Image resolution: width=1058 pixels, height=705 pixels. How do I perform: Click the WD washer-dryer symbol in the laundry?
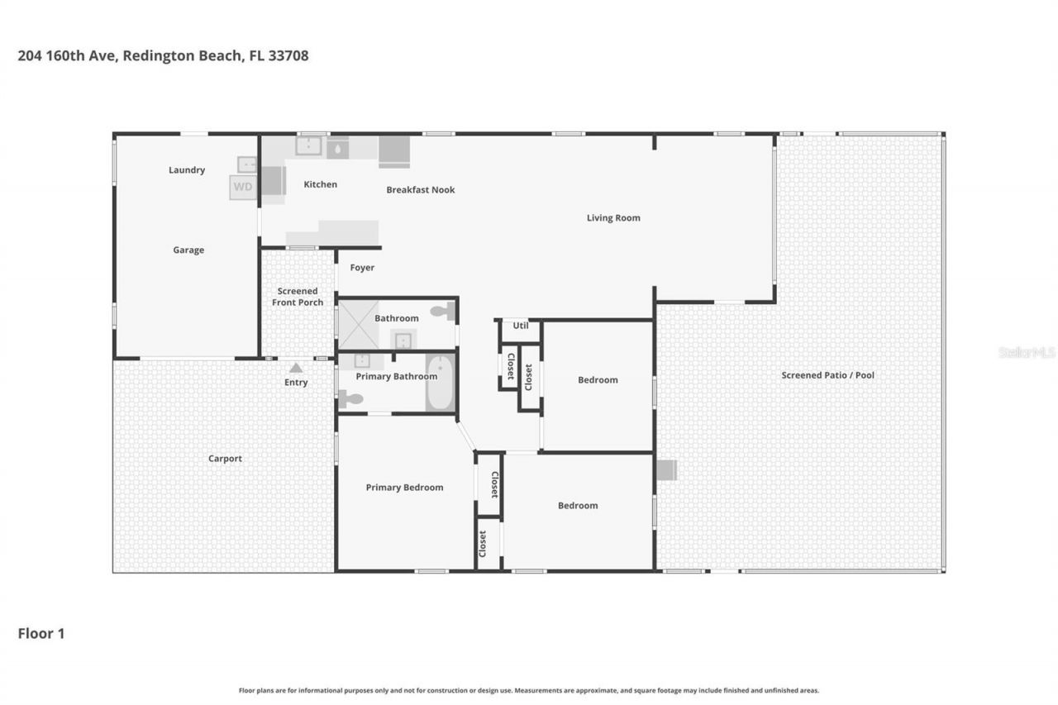point(243,187)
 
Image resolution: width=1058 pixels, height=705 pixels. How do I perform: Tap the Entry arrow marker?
point(296,368)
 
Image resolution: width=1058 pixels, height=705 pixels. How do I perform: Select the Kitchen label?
point(320,184)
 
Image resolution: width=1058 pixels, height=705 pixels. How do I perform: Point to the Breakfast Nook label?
point(421,189)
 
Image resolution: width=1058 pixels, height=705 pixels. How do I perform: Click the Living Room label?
point(613,218)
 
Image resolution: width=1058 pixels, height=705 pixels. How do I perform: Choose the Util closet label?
point(521,326)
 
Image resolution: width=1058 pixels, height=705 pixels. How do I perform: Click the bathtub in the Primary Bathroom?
point(441,382)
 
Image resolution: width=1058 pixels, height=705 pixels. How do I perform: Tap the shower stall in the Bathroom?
point(359,324)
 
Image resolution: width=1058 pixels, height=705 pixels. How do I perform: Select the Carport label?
point(225,459)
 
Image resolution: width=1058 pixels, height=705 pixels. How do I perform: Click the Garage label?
point(188,250)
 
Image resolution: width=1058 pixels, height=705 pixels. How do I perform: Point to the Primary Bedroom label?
point(404,488)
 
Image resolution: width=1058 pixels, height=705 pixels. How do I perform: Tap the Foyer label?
point(362,268)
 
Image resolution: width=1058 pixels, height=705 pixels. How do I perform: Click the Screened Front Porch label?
point(298,297)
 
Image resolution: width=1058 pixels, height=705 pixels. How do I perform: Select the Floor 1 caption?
point(41,634)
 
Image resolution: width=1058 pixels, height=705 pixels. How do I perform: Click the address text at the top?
point(163,56)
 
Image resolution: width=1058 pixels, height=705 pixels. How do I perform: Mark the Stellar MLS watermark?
point(1027,352)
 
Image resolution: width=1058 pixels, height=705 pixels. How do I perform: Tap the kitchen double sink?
point(309,146)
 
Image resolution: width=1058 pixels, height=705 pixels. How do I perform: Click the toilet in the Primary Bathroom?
point(351,399)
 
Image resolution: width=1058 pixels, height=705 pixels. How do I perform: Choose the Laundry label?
point(187,170)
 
